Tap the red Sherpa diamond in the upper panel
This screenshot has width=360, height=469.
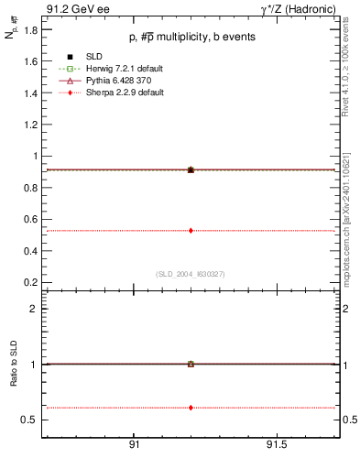191,230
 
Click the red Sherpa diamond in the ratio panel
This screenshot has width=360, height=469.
191,407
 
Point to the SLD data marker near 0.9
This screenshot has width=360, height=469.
191,169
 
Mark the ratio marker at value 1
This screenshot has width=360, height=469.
191,364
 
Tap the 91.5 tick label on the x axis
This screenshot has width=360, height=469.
276,444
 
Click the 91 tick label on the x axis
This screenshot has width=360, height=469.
134,444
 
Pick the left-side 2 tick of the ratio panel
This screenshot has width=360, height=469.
32,309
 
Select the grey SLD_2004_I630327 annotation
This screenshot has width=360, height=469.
190,274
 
